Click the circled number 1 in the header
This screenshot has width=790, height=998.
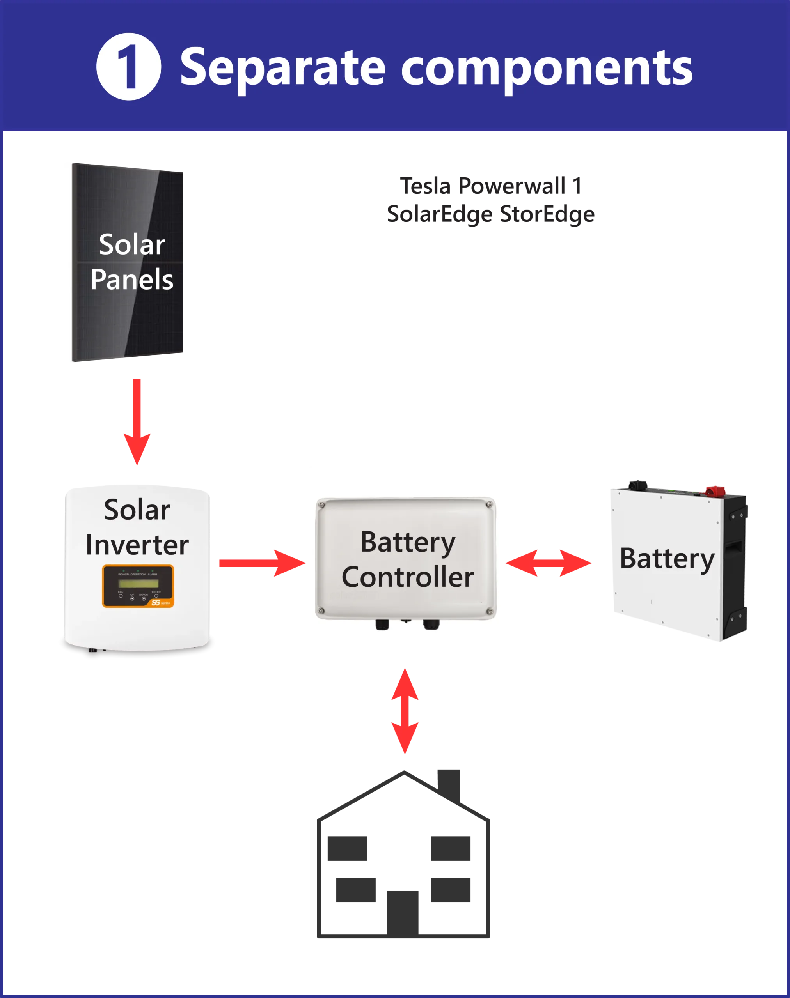pyautogui.click(x=129, y=67)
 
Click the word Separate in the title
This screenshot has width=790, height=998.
pyautogui.click(x=282, y=68)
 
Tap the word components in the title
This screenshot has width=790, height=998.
pyautogui.click(x=546, y=68)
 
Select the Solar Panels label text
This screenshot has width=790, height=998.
pyautogui.click(x=132, y=262)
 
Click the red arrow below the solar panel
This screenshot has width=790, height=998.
pyautogui.click(x=137, y=421)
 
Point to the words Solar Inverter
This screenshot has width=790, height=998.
pyautogui.click(x=137, y=527)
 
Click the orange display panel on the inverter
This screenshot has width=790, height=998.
pyautogui.click(x=138, y=586)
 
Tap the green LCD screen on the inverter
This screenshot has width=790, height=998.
pyautogui.click(x=138, y=583)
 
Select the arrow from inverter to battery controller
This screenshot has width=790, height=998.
pyautogui.click(x=262, y=563)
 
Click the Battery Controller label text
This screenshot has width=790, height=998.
pyautogui.click(x=408, y=559)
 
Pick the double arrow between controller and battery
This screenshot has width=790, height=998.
pyautogui.click(x=549, y=563)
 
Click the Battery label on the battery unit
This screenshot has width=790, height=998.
pyautogui.click(x=666, y=558)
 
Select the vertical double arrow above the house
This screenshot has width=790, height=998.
pyautogui.click(x=405, y=710)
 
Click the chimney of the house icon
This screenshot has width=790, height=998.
pyautogui.click(x=449, y=783)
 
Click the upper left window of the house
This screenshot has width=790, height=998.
pyautogui.click(x=346, y=849)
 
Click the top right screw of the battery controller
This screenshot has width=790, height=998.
pyautogui.click(x=488, y=505)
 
